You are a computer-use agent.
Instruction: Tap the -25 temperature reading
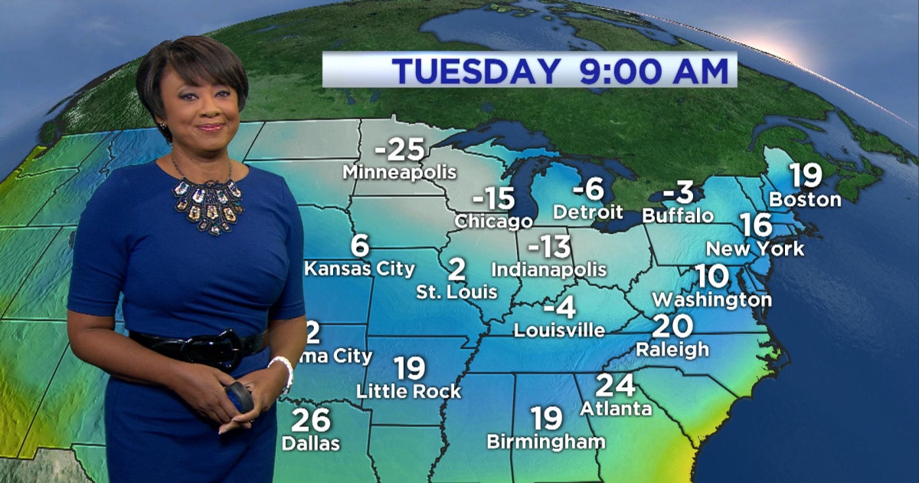[x=399, y=148]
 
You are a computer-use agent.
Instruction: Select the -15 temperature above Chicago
[x=493, y=199]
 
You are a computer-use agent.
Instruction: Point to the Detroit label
[x=588, y=211]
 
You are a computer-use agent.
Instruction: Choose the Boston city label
[x=805, y=199]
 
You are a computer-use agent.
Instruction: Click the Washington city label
[x=711, y=298]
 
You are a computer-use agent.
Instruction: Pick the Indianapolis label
[x=548, y=270]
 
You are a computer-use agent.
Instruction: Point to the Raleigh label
[x=672, y=349]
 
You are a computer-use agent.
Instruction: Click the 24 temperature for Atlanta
[x=615, y=384]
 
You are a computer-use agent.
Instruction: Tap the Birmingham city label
[x=546, y=442]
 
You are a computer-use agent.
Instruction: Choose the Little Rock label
[x=409, y=392]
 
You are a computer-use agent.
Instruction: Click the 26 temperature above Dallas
[x=310, y=420]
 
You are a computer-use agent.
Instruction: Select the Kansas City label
[x=359, y=269]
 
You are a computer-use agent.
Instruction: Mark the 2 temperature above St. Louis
[x=457, y=270]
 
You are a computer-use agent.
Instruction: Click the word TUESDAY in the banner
[x=476, y=71]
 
